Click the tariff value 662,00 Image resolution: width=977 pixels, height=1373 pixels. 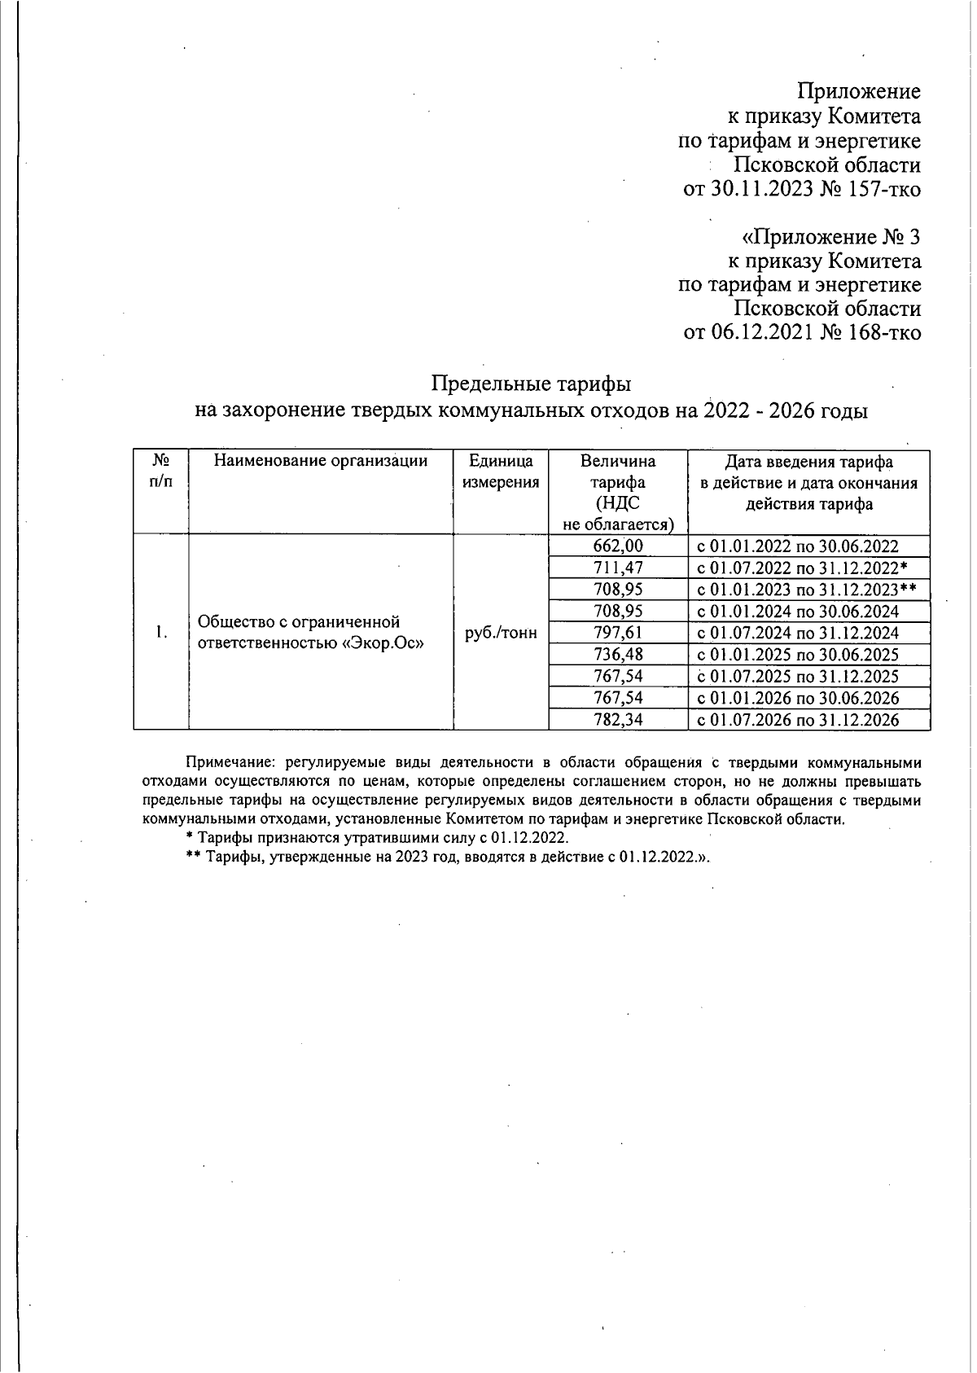coord(618,546)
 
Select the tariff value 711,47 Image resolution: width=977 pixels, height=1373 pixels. coord(618,568)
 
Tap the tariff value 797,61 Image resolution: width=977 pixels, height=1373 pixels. coord(618,633)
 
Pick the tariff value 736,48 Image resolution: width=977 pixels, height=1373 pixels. coord(618,655)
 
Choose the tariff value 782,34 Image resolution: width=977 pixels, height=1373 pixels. coord(618,719)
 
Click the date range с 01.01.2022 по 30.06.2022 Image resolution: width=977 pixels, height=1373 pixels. coord(798,546)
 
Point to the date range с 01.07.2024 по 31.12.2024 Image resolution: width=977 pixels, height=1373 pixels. coord(798,633)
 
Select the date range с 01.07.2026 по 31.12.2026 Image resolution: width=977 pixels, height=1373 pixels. coord(798,719)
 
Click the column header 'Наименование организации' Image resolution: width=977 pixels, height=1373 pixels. coord(321,462)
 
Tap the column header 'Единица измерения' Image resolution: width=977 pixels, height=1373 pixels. coord(501,472)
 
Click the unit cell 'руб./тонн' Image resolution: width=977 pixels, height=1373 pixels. coord(501,633)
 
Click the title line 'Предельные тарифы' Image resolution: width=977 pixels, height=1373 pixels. coord(531,384)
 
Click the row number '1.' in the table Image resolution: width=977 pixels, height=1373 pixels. coord(162,633)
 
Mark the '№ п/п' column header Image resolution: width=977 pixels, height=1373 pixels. coord(161,472)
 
